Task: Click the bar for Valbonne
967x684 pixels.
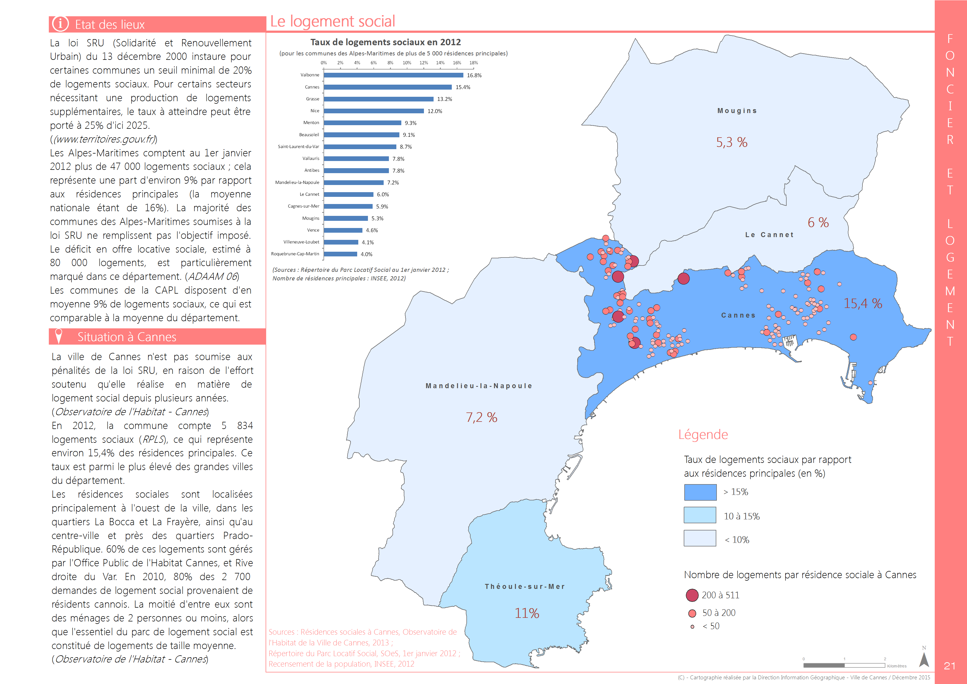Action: pos(394,75)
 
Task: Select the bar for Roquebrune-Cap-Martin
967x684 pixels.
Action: pos(340,254)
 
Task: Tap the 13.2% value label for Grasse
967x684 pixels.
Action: pos(445,99)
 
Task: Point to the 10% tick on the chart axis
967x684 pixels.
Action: pos(407,63)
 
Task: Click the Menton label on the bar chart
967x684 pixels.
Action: pos(311,123)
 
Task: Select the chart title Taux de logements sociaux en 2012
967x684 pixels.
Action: pos(386,42)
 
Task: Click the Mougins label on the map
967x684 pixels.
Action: pos(737,111)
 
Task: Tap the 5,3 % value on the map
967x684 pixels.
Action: pos(732,142)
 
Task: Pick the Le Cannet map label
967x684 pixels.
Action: pos(770,235)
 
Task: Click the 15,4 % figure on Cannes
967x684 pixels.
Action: pos(863,303)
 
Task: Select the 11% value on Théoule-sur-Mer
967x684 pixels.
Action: pos(527,613)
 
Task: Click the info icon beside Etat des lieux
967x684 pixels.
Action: pos(60,24)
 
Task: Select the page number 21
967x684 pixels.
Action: pos(949,666)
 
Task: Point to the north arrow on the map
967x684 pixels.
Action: pos(924,659)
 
